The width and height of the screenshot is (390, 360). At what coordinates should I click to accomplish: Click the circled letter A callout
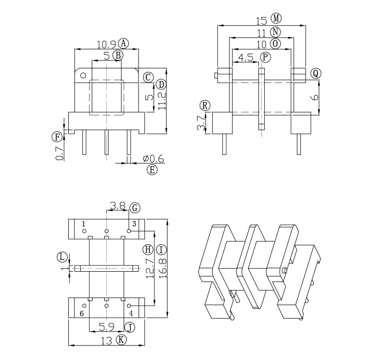pyautogui.click(x=124, y=43)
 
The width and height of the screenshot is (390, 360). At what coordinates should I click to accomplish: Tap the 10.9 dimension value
pyautogui.click(x=105, y=44)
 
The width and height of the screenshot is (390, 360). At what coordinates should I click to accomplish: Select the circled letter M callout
pyautogui.click(x=276, y=19)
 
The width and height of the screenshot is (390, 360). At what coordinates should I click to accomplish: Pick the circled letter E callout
pyautogui.click(x=152, y=170)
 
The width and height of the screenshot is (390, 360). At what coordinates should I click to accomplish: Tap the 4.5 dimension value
pyautogui.click(x=245, y=58)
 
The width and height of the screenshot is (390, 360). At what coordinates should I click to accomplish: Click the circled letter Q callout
pyautogui.click(x=316, y=73)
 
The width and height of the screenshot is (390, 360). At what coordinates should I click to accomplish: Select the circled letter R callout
pyautogui.click(x=205, y=106)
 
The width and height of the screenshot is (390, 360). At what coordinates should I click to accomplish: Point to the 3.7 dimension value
pyautogui.click(x=201, y=123)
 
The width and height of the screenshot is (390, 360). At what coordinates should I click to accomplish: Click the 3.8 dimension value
pyautogui.click(x=118, y=206)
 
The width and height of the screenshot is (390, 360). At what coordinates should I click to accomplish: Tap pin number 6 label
pyautogui.click(x=82, y=313)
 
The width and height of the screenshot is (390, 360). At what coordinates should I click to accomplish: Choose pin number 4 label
pyautogui.click(x=131, y=313)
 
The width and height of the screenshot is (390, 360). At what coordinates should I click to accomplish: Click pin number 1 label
pyautogui.click(x=83, y=223)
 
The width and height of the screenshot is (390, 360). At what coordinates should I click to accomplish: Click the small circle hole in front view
pyautogui.click(x=83, y=76)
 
